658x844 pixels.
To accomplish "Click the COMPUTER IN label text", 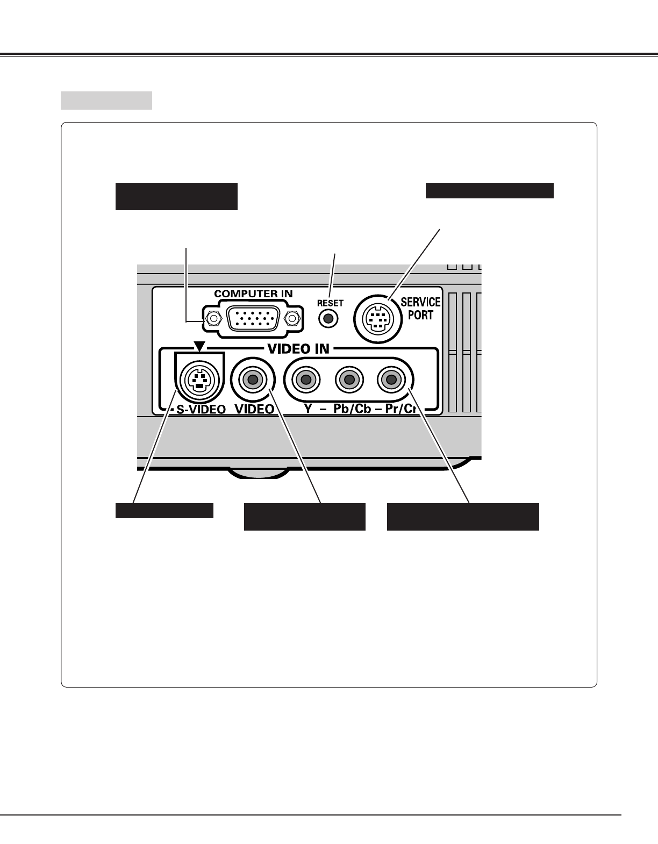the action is coord(253,294).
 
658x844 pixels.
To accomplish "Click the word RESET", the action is coord(330,303).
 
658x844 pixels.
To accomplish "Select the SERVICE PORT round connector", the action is coord(377,320).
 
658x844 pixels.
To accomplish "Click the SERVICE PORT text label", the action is coord(420,309).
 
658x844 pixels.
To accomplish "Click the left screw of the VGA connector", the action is coord(213,319).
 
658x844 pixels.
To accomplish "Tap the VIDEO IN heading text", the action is coord(298,348).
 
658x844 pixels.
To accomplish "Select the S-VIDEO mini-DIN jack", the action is coord(199,380).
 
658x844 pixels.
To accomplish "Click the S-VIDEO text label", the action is coord(201,410).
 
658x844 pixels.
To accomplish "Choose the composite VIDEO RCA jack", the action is coord(253,380).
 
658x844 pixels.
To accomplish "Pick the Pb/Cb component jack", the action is coord(348,380).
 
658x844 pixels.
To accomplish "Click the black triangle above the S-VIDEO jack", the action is coord(199,347).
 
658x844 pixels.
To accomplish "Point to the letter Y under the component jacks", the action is coord(309,409).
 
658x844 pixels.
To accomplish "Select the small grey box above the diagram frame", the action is coord(106,101).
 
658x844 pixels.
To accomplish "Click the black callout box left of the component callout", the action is coord(304,517).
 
